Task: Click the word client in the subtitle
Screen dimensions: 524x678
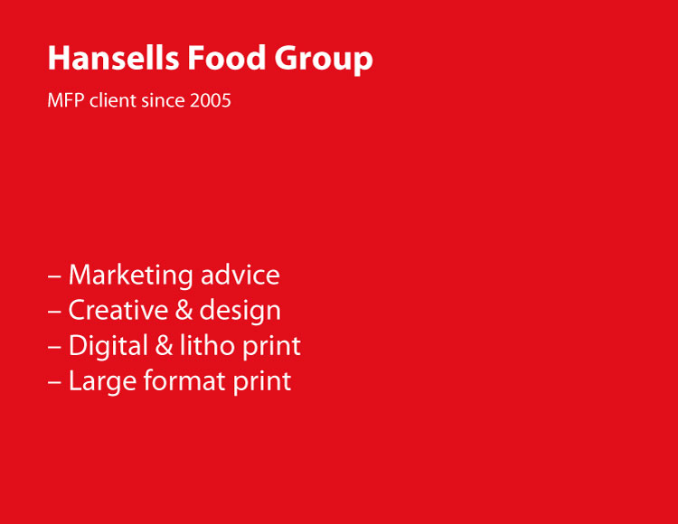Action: pos(111,100)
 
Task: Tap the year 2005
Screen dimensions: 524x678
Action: pos(211,100)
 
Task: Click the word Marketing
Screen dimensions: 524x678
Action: pos(130,276)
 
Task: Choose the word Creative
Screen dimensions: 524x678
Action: pos(118,311)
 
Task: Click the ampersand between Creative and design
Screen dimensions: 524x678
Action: pos(184,311)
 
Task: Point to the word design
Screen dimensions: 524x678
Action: pos(240,312)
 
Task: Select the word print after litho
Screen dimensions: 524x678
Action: pos(270,347)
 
